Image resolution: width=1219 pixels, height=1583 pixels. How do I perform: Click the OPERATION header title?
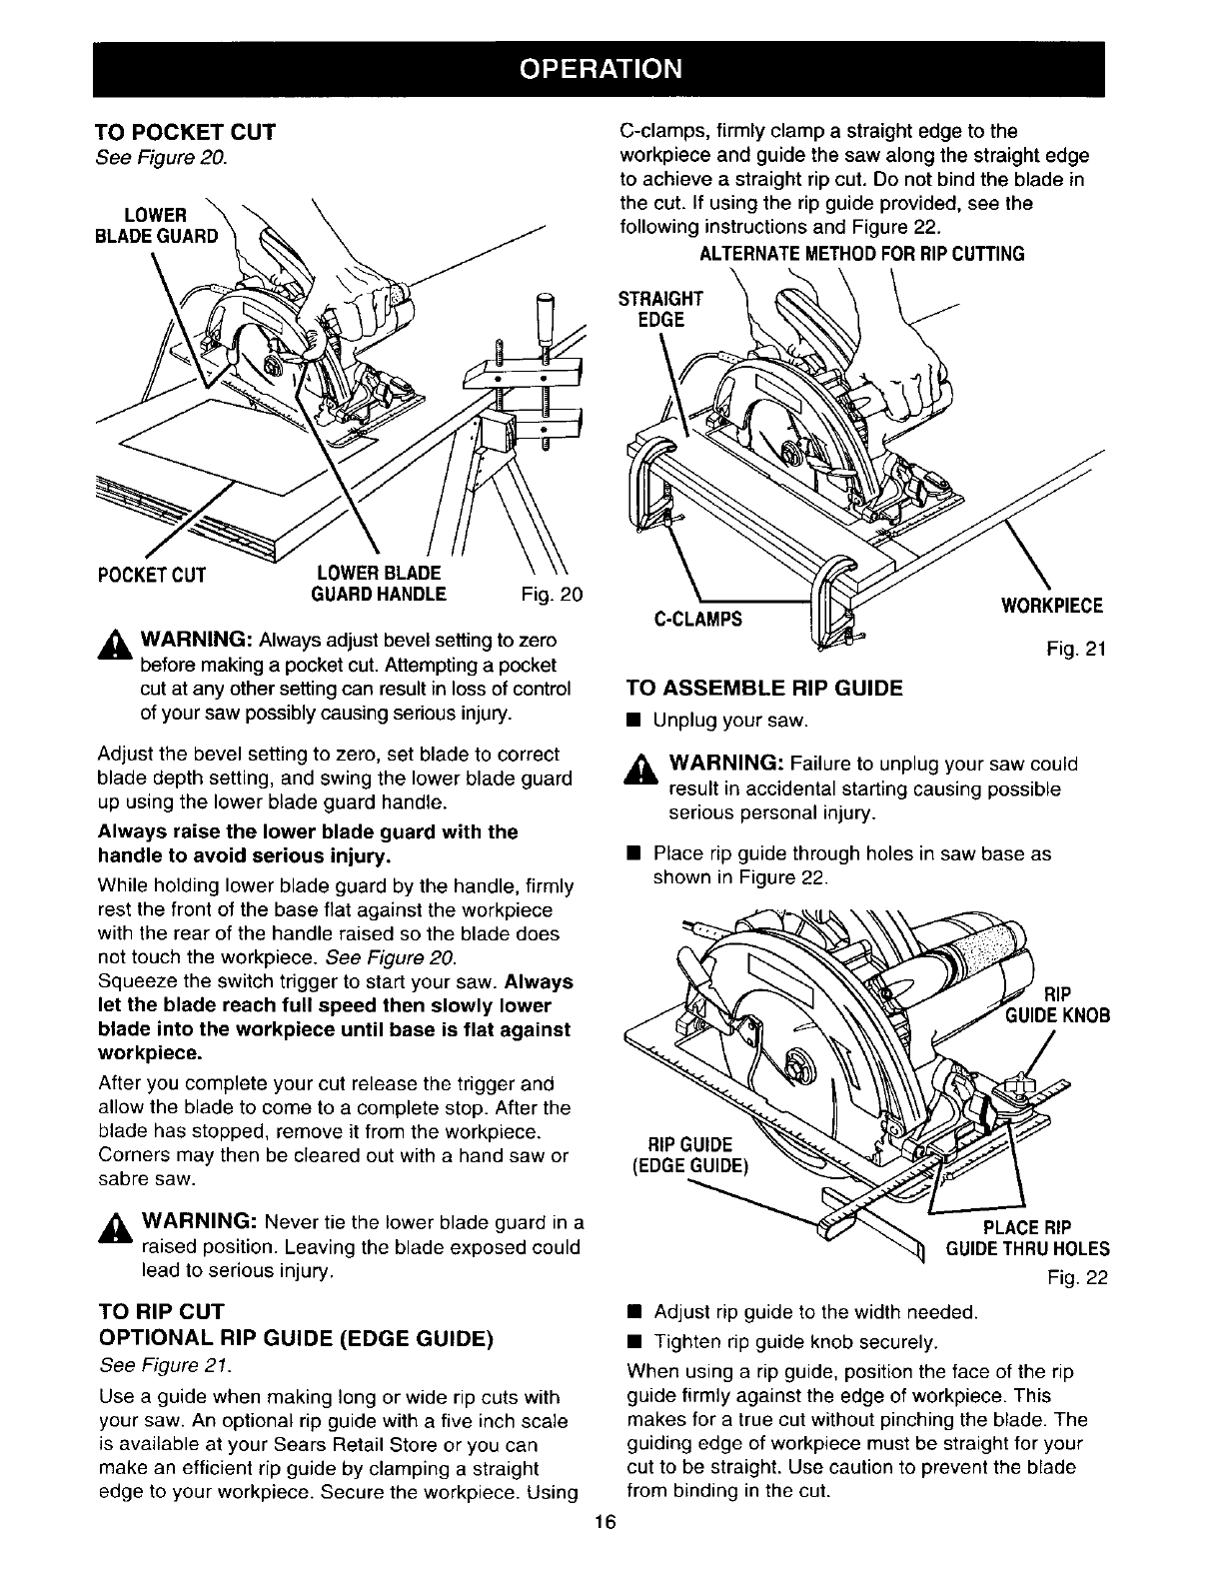[x=609, y=68]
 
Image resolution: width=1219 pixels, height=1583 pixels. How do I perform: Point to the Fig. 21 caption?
[x=1074, y=651]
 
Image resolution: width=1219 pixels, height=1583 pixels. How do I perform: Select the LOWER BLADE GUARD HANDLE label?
[x=380, y=584]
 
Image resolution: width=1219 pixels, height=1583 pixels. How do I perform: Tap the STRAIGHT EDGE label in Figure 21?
[x=661, y=309]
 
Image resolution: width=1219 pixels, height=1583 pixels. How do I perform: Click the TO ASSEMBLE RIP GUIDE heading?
[x=763, y=688]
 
